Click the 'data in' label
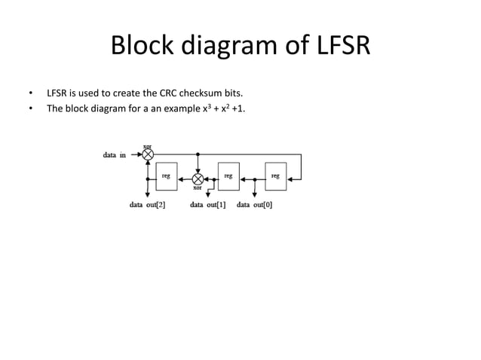coord(115,155)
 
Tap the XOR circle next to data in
coord(148,154)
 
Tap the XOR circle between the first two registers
coord(198,179)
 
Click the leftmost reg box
coord(166,176)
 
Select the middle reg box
coord(228,176)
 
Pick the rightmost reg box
coord(275,176)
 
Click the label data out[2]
coord(148,204)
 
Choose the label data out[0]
coord(254,204)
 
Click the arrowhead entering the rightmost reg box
coord(290,179)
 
